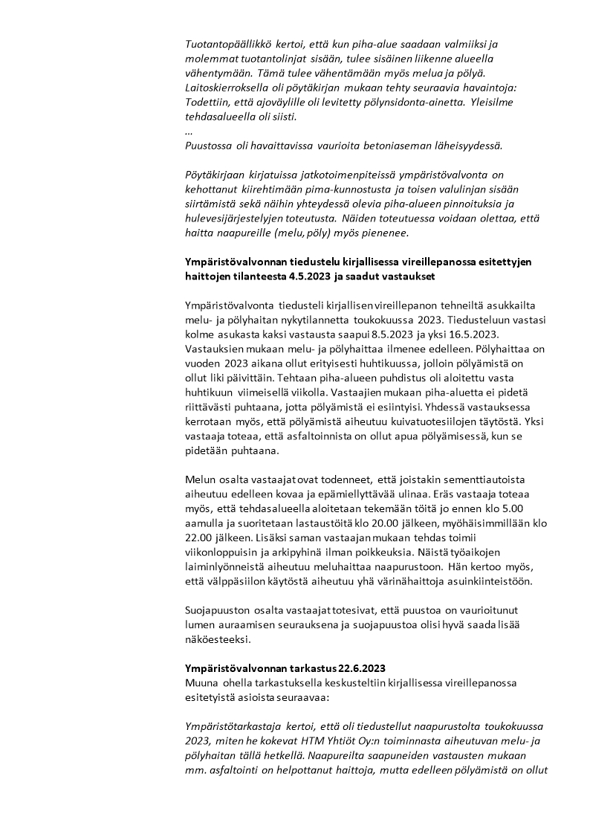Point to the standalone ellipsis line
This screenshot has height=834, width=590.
[x=189, y=131]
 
